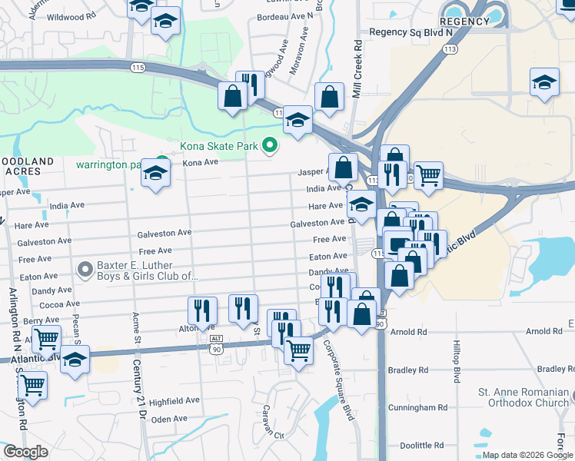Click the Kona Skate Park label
(x=219, y=145)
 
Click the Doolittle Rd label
(x=422, y=445)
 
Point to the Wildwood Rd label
(x=71, y=16)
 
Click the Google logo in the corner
(x=25, y=452)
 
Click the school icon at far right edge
(x=543, y=82)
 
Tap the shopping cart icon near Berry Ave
(x=47, y=337)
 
